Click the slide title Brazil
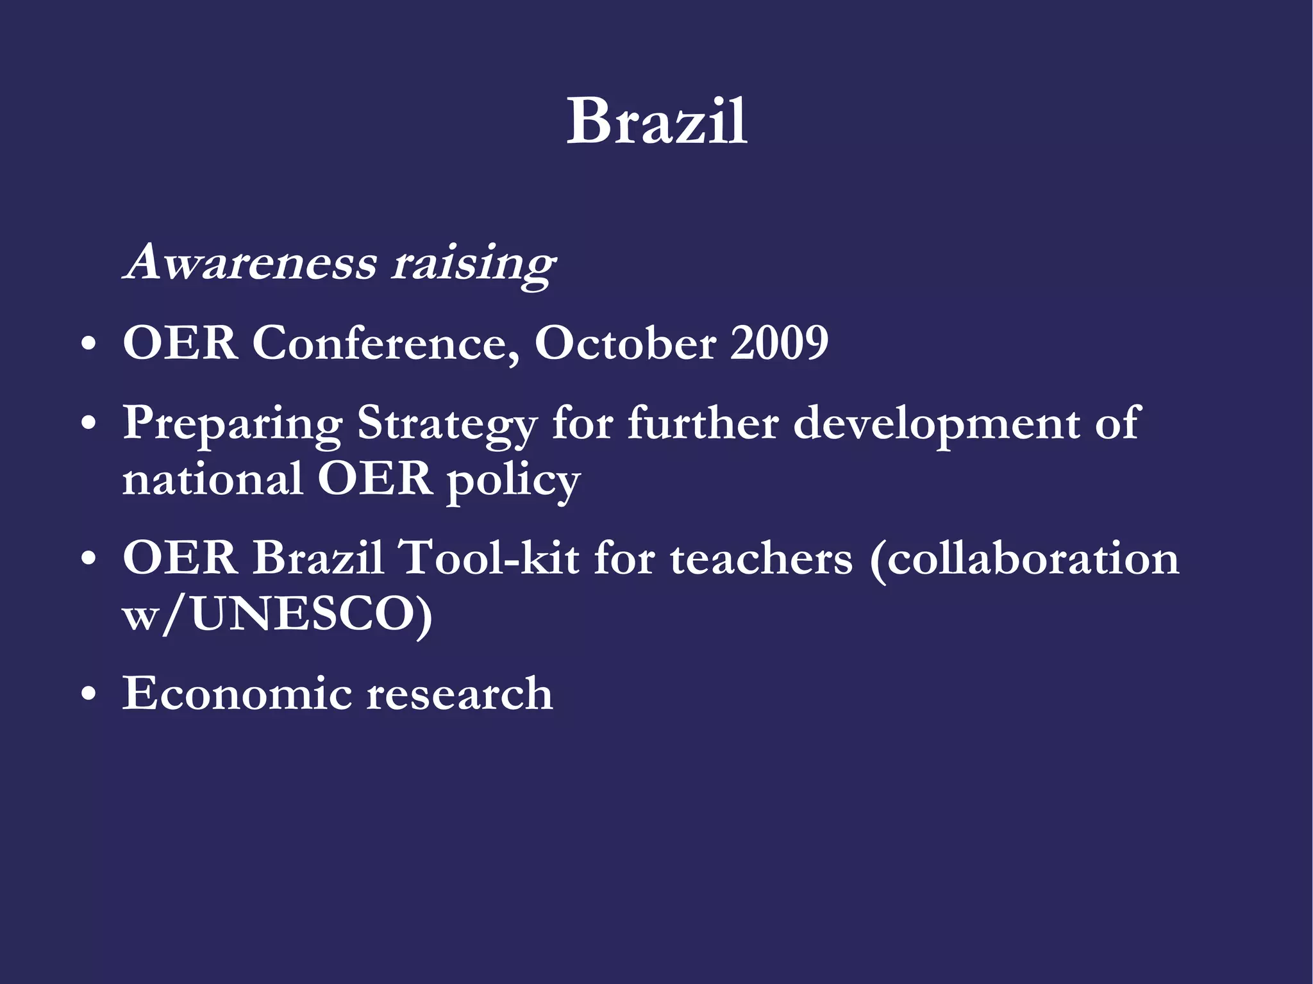coord(656,121)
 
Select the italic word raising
coord(474,263)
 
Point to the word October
coord(625,343)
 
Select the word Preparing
coord(233,424)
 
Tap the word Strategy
coord(447,424)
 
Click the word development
coord(937,424)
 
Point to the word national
coord(212,479)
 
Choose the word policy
coord(513,481)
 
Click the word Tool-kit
coord(489,558)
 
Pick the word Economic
coord(237,694)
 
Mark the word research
coord(460,694)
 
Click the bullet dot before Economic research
coord(89,695)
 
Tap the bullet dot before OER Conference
coord(89,345)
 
